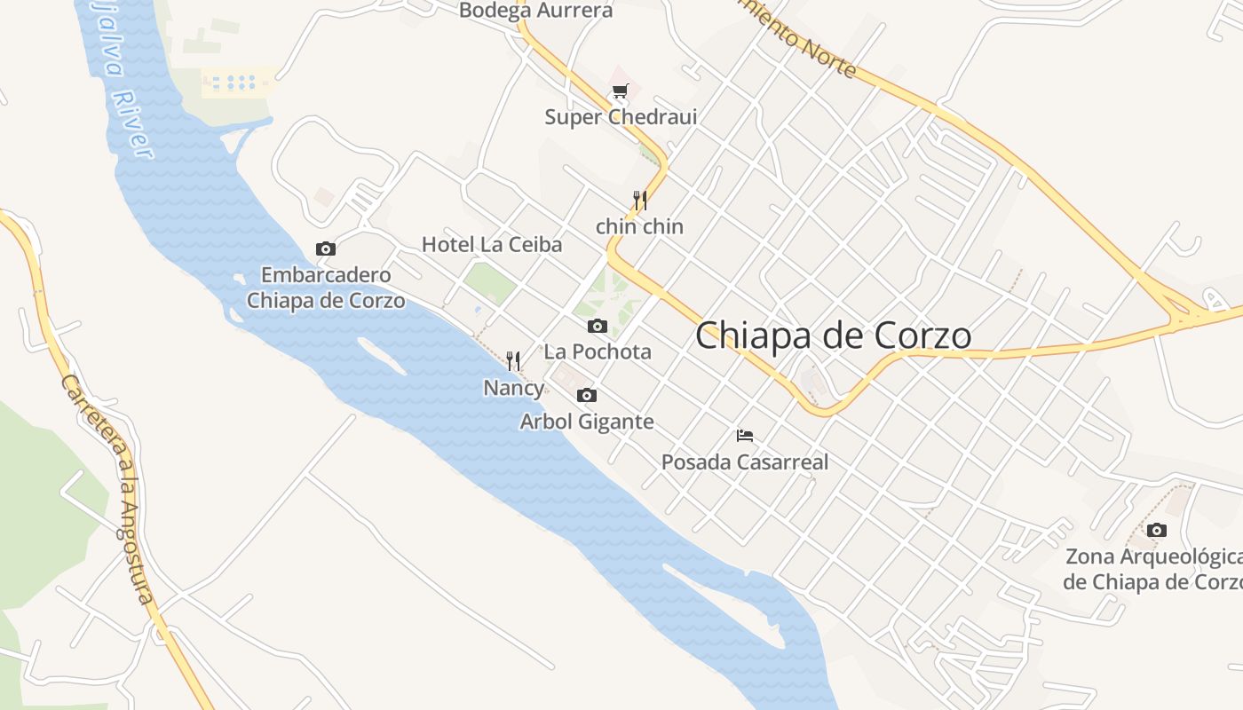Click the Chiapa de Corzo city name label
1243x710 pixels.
[x=833, y=335]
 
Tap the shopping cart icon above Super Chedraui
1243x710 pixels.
[x=621, y=91]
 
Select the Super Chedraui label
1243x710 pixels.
[x=621, y=117]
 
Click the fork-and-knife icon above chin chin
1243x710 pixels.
[x=639, y=200]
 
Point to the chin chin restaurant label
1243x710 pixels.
[x=639, y=226]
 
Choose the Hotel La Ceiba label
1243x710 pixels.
[x=492, y=244]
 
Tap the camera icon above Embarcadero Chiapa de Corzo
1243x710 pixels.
[x=326, y=249]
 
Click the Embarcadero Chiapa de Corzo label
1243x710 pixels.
[x=326, y=288]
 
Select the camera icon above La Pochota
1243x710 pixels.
[x=598, y=326]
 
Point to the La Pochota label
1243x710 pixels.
[x=598, y=351]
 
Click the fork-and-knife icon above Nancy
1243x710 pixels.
[x=513, y=360]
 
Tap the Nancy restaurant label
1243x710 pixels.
[x=513, y=388]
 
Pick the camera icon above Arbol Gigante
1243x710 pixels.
[x=587, y=395]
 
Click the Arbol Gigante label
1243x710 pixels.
[x=587, y=422]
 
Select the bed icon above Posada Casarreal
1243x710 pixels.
[x=745, y=435]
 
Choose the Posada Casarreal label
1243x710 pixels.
[x=745, y=461]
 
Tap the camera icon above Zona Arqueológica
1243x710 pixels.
[x=1156, y=530]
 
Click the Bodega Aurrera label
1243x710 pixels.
[x=535, y=11]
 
